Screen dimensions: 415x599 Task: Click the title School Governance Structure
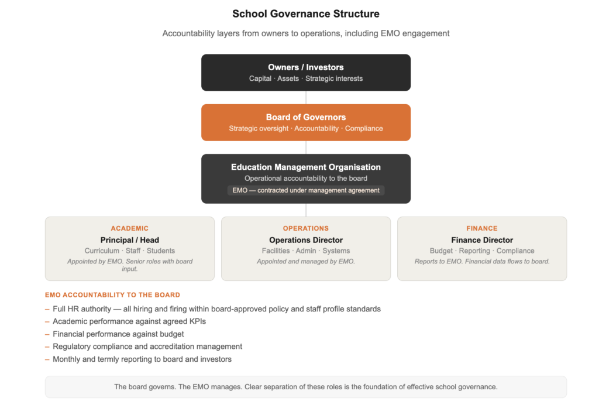306,14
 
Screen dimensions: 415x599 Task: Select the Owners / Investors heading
306,67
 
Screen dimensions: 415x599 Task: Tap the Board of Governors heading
306,117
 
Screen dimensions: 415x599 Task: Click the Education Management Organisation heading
306,167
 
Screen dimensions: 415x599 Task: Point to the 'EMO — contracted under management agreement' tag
306,190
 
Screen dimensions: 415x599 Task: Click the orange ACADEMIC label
130,228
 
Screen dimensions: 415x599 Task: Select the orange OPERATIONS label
306,228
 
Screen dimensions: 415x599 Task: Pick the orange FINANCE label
482,228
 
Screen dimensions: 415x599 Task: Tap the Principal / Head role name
130,240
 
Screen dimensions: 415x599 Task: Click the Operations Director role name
306,240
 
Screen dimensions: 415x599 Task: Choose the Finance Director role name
482,240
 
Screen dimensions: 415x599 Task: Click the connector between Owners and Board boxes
306,98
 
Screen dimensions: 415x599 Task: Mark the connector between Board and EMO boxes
306,148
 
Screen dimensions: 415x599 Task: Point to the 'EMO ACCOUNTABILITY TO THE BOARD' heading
112,295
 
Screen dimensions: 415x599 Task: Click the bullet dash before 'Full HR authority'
47,308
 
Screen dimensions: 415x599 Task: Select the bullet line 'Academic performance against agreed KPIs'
129,321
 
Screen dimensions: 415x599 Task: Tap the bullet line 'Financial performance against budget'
118,334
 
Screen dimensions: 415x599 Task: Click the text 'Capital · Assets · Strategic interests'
306,78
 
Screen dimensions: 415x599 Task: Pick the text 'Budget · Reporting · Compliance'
482,251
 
